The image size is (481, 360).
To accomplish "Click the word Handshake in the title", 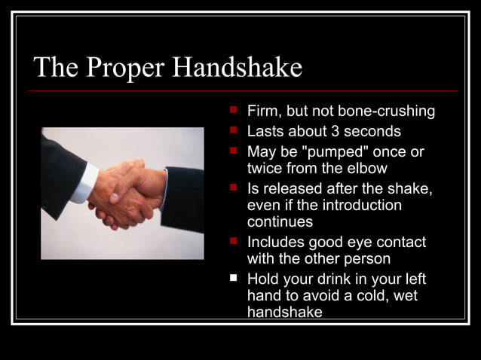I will click(x=237, y=69).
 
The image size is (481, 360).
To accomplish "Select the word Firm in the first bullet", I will click(x=264, y=111).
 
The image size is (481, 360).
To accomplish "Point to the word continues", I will click(x=280, y=222).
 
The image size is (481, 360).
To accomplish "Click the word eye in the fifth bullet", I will click(x=354, y=243).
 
